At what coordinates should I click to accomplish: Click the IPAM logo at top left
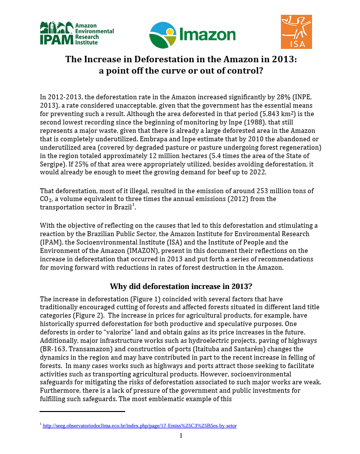click(x=77, y=33)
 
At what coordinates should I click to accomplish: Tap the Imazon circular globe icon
click(x=162, y=35)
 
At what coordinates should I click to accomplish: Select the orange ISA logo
click(x=296, y=32)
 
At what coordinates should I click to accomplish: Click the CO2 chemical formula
click(x=46, y=199)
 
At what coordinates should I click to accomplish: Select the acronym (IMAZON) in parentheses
click(x=136, y=251)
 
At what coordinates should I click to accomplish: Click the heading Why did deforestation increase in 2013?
click(x=181, y=287)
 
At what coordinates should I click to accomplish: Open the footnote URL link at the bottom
click(x=140, y=425)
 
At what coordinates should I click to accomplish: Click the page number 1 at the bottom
click(x=181, y=435)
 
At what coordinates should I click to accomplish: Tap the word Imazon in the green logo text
click(x=208, y=35)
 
